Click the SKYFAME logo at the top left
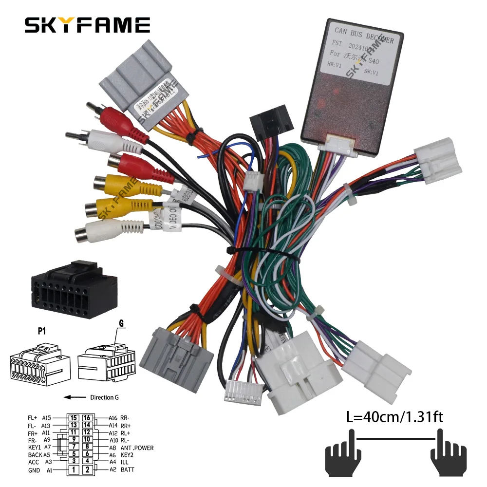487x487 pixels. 87,25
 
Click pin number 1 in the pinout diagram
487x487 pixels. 73,470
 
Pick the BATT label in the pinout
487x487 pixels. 128,470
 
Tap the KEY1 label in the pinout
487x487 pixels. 35,447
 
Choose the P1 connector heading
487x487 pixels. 43,331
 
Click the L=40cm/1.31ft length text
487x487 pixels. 394,417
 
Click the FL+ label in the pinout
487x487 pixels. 33,418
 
